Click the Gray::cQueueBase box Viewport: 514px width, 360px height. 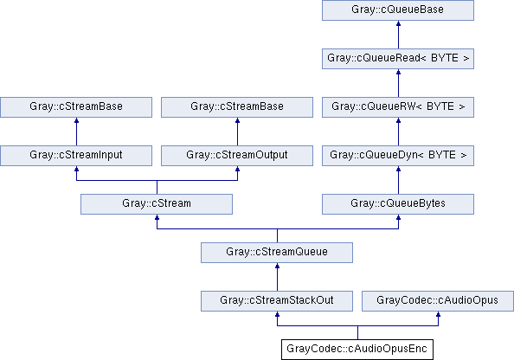point(398,10)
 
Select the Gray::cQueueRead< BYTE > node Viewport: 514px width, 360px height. point(398,59)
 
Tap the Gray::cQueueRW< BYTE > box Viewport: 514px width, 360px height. point(398,107)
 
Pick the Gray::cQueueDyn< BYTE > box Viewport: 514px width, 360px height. point(398,156)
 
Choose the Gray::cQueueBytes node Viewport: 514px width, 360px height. point(398,204)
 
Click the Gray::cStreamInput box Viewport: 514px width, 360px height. point(76,156)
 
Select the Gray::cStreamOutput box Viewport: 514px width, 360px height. point(237,156)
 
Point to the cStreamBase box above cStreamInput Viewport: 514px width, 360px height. point(76,107)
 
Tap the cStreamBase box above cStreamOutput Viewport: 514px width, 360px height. point(237,107)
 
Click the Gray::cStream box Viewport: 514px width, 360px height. point(157,204)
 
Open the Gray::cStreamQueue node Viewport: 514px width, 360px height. point(277,253)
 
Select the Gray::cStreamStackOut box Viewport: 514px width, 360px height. point(277,301)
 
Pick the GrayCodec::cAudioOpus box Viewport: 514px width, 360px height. point(438,301)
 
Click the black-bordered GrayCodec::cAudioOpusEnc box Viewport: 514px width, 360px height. point(357,350)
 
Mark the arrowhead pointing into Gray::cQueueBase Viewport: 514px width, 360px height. point(398,23)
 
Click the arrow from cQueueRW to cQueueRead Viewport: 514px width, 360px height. point(398,83)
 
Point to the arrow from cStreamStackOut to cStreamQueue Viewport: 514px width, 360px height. point(277,277)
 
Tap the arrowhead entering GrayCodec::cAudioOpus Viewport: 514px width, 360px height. point(438,314)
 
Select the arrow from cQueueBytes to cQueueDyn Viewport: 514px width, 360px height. point(398,180)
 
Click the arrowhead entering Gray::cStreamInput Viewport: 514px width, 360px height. point(76,169)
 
